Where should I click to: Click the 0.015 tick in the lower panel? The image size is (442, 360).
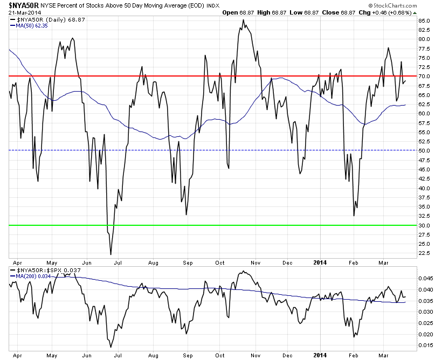pyautogui.click(x=425, y=345)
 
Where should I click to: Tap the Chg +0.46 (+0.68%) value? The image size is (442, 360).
pyautogui.click(x=391, y=12)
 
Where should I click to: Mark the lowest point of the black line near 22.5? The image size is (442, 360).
pyautogui.click(x=110, y=254)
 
